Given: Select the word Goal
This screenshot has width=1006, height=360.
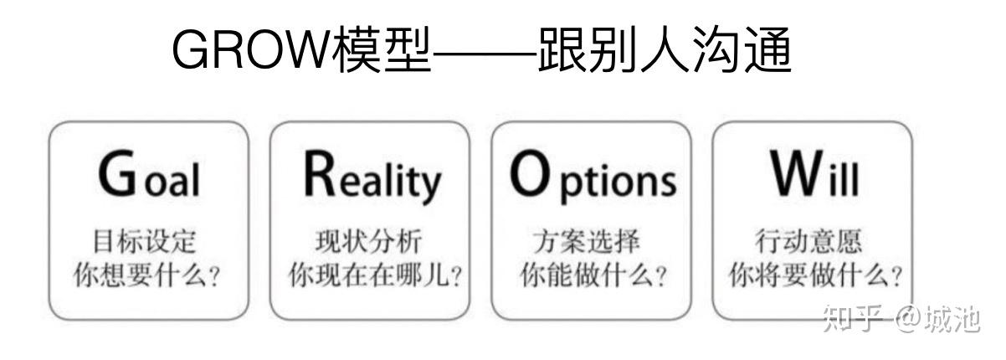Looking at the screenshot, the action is pos(148,177).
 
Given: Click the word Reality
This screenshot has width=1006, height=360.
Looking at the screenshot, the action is pos(371,177).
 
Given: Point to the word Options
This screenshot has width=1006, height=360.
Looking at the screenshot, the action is pos(592,177).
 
